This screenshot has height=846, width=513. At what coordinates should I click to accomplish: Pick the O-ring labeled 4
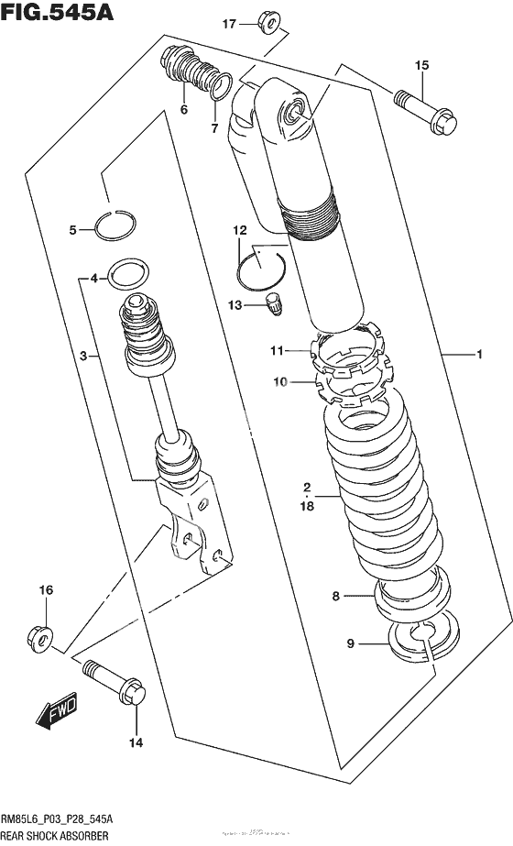[x=126, y=273]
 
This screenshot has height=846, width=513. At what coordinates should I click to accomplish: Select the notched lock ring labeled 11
[x=348, y=346]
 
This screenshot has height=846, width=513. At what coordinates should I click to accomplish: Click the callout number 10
[x=279, y=380]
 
